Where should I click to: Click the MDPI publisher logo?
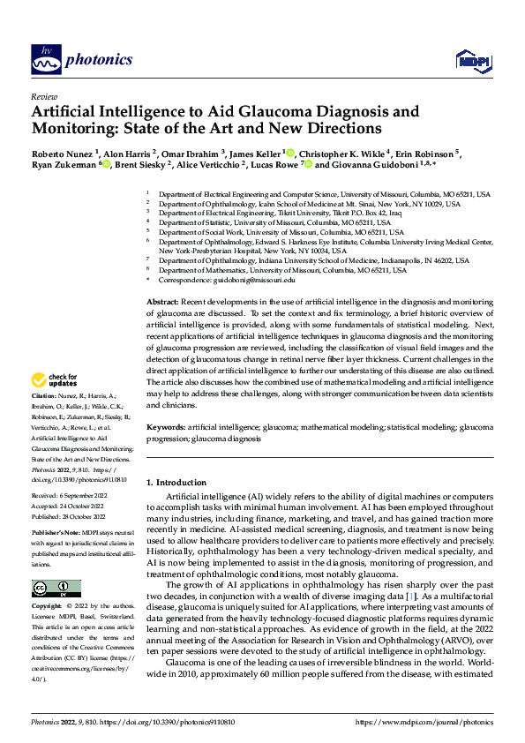(x=472, y=60)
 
